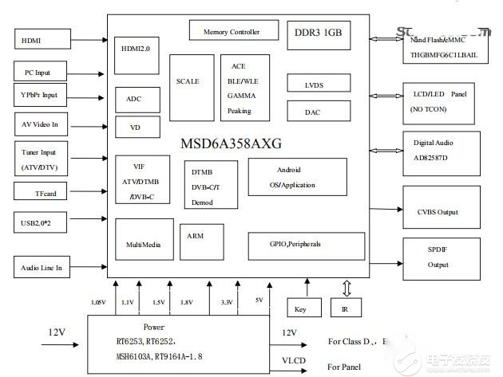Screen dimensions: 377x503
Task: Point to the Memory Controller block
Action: click(232, 32)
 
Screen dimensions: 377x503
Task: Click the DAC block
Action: click(313, 112)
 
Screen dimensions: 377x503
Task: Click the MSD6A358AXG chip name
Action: click(231, 144)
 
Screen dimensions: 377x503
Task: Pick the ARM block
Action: click(196, 237)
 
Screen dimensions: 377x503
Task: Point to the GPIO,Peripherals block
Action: click(296, 242)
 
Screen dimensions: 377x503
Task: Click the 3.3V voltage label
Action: click(227, 303)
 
